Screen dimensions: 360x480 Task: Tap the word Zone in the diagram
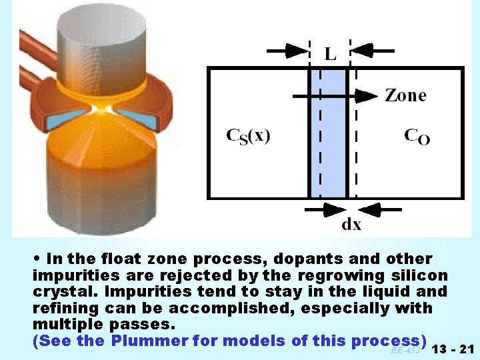pos(405,95)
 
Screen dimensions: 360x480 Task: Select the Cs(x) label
pos(248,136)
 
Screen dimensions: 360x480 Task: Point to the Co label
pos(417,136)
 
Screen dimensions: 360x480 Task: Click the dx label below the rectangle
pos(351,224)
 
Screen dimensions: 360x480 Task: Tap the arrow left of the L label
pos(287,50)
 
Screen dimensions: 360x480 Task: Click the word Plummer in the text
pos(148,341)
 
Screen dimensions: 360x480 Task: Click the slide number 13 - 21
pos(453,349)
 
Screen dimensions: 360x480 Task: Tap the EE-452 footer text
pos(405,350)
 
